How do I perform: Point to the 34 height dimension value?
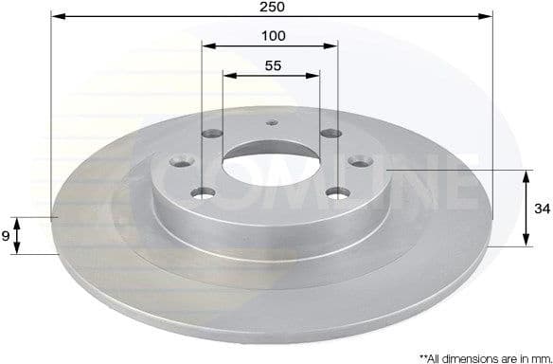tap(539, 208)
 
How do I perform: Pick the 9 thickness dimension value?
tap(8, 236)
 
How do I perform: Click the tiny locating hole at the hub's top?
tap(272, 121)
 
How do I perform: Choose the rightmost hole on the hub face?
tap(361, 163)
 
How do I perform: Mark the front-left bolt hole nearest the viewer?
tap(203, 193)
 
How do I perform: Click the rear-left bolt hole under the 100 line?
tap(214, 135)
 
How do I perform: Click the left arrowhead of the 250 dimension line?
tap(55, 16)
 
